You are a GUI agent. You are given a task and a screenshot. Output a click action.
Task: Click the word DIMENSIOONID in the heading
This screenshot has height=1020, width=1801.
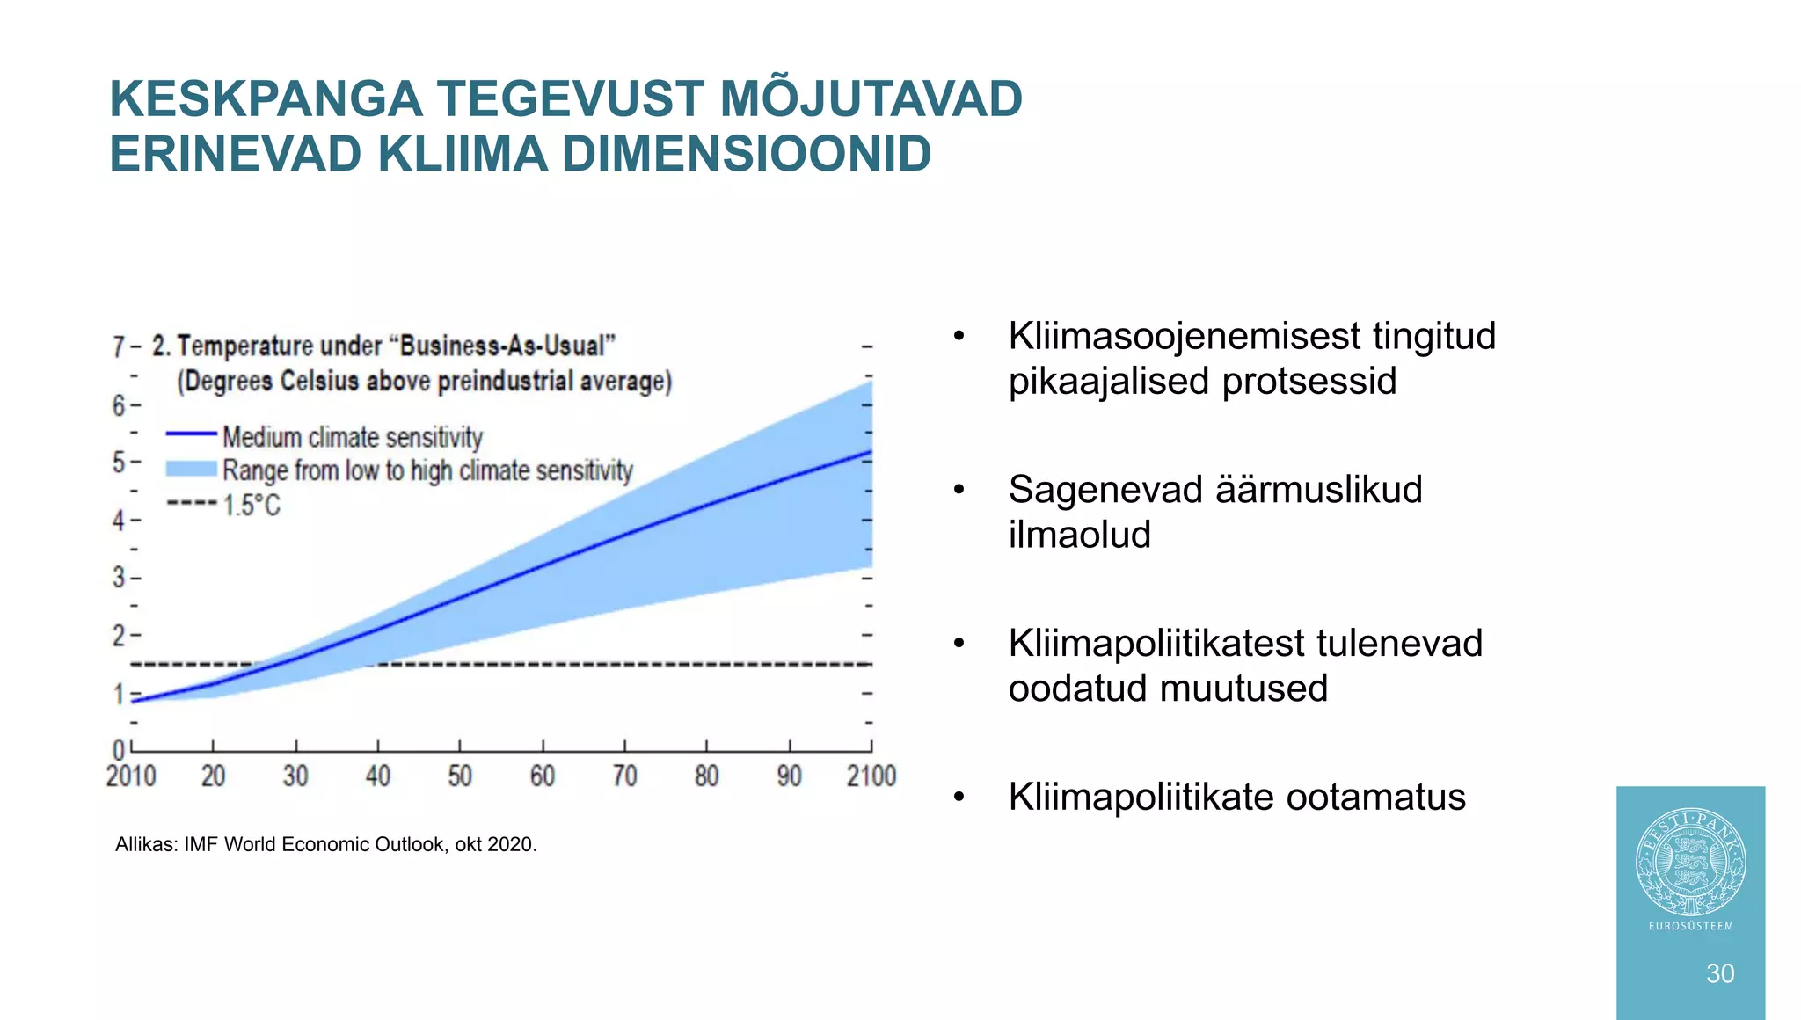746,154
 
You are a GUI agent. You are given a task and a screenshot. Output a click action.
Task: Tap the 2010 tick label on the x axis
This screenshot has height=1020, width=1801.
131,776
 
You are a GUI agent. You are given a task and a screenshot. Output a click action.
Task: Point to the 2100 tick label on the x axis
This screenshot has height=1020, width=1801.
871,776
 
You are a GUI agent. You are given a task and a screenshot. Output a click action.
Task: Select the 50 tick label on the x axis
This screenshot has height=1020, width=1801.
460,776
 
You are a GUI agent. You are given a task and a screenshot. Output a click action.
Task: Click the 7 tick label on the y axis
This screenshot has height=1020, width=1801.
119,347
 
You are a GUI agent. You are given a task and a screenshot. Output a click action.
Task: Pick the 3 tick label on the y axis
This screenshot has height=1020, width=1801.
119,578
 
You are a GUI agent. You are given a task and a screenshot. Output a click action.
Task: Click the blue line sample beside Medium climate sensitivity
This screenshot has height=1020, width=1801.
192,433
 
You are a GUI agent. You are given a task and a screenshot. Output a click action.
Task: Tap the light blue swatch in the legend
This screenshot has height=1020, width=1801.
192,469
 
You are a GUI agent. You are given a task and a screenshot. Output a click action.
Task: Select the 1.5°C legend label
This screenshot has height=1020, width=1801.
252,506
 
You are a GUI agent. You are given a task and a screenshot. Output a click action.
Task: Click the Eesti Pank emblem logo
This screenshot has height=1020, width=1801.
1690,863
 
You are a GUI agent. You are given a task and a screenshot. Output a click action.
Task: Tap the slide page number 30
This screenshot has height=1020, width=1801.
1720,973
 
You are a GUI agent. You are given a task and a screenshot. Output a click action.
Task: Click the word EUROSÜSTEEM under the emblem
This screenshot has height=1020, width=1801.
1691,926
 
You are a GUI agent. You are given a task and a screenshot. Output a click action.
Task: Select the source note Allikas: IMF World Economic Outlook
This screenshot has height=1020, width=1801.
325,845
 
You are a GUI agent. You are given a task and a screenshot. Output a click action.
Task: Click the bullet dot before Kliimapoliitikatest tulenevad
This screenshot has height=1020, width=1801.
959,645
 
